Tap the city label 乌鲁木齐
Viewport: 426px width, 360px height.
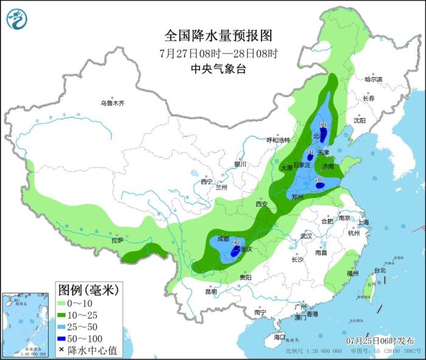[x=113, y=103]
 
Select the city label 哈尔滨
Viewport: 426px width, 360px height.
[x=373, y=79]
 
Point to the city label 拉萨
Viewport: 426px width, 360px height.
[x=117, y=240]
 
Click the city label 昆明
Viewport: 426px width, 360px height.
[x=211, y=291]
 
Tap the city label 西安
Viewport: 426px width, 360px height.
[x=262, y=204]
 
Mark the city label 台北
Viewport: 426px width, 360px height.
[x=380, y=269]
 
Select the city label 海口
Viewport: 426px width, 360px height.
[x=279, y=336]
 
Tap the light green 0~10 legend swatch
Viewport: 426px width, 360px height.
[x=62, y=302]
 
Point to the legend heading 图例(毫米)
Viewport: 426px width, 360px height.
[x=88, y=287]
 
